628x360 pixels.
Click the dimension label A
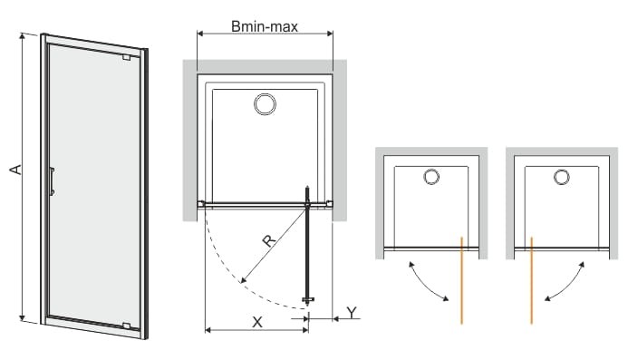16,170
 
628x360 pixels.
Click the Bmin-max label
265,26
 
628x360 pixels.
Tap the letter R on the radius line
269,240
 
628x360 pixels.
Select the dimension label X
257,322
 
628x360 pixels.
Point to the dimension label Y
352,312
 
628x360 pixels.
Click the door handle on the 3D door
52,181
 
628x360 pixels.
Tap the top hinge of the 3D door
128,58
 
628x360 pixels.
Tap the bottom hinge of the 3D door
127,326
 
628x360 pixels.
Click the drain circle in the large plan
265,104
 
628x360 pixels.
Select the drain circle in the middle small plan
431,177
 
